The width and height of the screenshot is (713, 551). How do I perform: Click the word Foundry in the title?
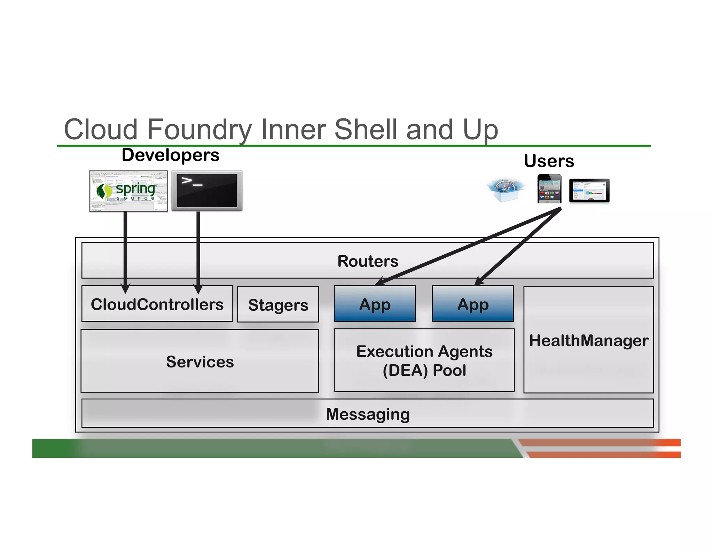(201, 130)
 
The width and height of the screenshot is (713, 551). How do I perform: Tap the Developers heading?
(170, 155)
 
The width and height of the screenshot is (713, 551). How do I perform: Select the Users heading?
(549, 161)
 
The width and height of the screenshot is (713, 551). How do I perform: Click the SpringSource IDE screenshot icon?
(128, 191)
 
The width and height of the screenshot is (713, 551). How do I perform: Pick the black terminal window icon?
(207, 191)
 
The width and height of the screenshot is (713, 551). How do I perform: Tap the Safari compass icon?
(506, 190)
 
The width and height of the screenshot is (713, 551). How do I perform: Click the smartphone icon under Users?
(549, 189)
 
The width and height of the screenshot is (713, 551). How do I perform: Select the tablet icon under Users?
(589, 191)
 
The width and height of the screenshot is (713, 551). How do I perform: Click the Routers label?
(368, 261)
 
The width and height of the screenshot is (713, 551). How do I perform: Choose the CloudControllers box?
(157, 304)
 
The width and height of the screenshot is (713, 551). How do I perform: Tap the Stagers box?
(278, 304)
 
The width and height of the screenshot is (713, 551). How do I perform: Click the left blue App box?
(375, 304)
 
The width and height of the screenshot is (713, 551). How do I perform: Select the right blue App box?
(472, 304)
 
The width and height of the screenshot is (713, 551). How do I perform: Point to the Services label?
(200, 362)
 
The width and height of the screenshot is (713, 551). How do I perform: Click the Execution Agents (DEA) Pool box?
(424, 360)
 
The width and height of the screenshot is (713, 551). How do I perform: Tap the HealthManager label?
(588, 340)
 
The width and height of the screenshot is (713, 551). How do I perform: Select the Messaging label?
(368, 414)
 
